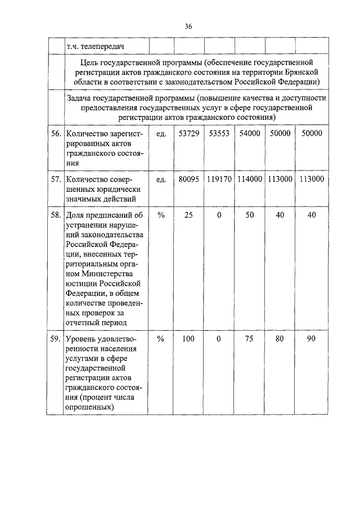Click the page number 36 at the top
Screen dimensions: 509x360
point(188,26)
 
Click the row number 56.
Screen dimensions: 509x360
point(55,134)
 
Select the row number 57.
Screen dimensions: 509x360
point(55,179)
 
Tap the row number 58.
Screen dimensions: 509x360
point(55,215)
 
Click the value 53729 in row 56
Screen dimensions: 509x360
point(188,134)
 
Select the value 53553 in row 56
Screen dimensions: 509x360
point(219,134)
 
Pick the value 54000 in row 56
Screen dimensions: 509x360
point(249,134)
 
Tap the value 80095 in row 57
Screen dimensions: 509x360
point(188,179)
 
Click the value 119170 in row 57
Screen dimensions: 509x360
point(219,179)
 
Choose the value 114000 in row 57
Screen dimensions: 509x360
point(249,179)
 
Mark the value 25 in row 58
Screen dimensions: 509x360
point(188,215)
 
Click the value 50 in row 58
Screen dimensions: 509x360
point(249,215)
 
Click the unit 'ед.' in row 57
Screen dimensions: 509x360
point(160,179)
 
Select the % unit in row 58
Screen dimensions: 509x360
point(160,215)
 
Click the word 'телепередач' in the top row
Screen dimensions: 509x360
point(102,45)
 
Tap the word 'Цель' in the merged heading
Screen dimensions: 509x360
point(91,62)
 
